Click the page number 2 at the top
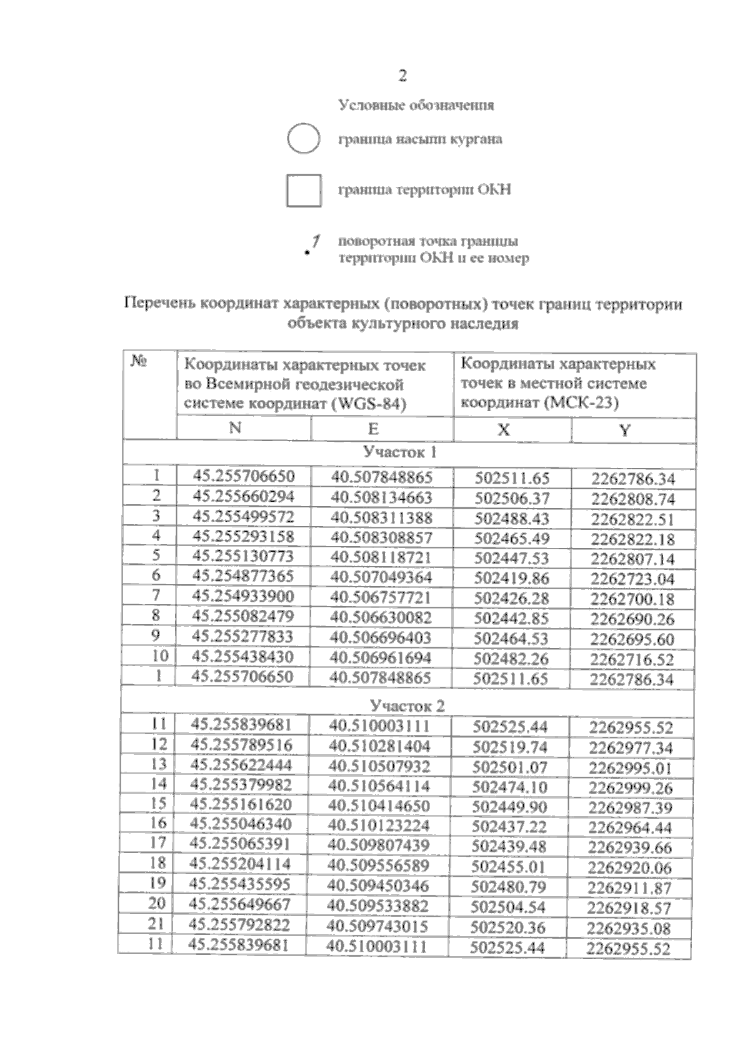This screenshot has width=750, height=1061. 402,76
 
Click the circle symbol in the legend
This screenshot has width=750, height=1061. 304,139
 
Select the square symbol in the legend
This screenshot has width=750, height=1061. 304,190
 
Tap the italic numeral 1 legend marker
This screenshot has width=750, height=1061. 316,242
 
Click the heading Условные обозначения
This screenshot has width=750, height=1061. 416,105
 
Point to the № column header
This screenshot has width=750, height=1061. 139,362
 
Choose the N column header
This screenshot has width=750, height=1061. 235,428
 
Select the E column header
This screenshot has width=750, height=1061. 373,429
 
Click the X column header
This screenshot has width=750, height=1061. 503,429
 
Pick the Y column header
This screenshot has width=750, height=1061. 625,430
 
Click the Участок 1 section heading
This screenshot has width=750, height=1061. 400,452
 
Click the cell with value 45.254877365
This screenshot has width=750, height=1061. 242,576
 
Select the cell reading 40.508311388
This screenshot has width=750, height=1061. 382,517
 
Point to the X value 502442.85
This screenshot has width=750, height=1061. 511,618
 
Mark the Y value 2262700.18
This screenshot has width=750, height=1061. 632,599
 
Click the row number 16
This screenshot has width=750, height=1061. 158,823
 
